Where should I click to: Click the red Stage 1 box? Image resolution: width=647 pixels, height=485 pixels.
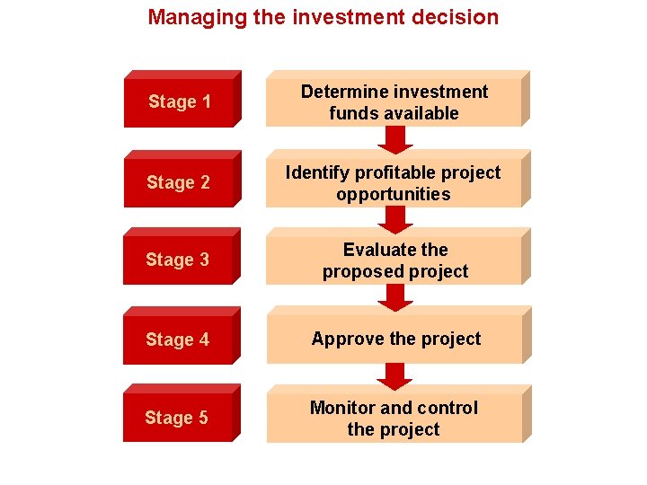pos(180,101)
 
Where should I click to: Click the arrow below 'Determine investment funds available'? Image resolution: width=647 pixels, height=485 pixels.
pos(394,139)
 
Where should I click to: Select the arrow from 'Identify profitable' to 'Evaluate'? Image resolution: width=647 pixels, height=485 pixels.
pos(394,219)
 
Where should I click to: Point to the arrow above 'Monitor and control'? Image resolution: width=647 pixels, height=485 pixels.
pos(394,375)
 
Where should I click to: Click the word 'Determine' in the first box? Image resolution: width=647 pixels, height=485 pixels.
pos(342,92)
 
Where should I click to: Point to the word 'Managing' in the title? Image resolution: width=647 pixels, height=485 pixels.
pos(187,17)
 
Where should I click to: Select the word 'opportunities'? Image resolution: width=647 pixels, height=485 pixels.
pos(394,194)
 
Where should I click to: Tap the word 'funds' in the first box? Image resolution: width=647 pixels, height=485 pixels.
pos(352,113)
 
